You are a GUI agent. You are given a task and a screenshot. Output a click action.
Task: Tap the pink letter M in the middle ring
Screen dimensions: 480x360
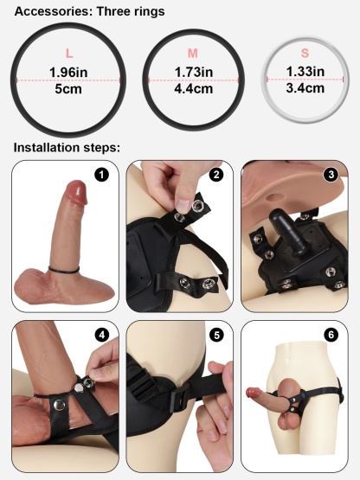(x=192, y=54)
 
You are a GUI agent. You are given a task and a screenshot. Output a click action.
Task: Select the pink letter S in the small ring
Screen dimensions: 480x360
(x=305, y=54)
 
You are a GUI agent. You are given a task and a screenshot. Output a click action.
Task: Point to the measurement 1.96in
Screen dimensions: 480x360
(x=69, y=71)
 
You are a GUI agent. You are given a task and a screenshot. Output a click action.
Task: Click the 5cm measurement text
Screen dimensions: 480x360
(x=69, y=89)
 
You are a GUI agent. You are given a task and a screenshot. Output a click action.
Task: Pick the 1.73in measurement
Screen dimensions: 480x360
(x=192, y=71)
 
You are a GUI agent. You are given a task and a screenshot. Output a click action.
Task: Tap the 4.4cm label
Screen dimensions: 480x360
(x=192, y=88)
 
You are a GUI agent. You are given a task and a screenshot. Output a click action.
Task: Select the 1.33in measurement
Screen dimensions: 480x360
(x=305, y=71)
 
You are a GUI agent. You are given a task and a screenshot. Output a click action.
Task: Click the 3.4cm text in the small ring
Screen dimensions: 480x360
(x=305, y=87)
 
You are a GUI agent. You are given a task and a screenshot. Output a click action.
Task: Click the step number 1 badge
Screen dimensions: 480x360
(x=103, y=176)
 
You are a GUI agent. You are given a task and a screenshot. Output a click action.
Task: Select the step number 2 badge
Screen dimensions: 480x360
(x=216, y=175)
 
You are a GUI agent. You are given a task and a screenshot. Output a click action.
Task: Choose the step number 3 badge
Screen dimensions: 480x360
(x=331, y=175)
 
